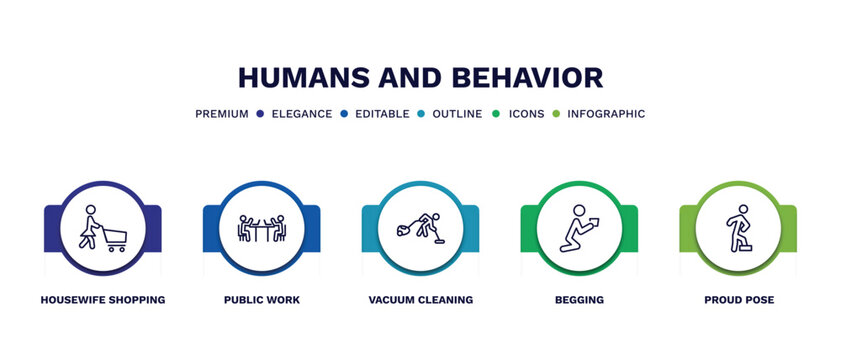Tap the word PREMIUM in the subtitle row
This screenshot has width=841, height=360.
point(221,114)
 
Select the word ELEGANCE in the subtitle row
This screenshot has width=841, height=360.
point(302,114)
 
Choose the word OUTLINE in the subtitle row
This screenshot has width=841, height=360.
point(456,114)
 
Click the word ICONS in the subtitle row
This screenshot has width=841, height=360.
point(526,114)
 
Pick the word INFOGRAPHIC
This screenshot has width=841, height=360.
point(606,114)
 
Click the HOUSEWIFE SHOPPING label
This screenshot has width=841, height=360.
point(103,300)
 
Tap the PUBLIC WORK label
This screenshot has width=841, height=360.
point(262,300)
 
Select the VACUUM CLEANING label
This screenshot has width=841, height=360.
point(420,300)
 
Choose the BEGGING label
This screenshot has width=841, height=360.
point(579,300)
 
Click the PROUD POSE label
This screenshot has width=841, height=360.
point(738,300)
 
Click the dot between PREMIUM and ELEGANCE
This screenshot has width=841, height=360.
point(259,114)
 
